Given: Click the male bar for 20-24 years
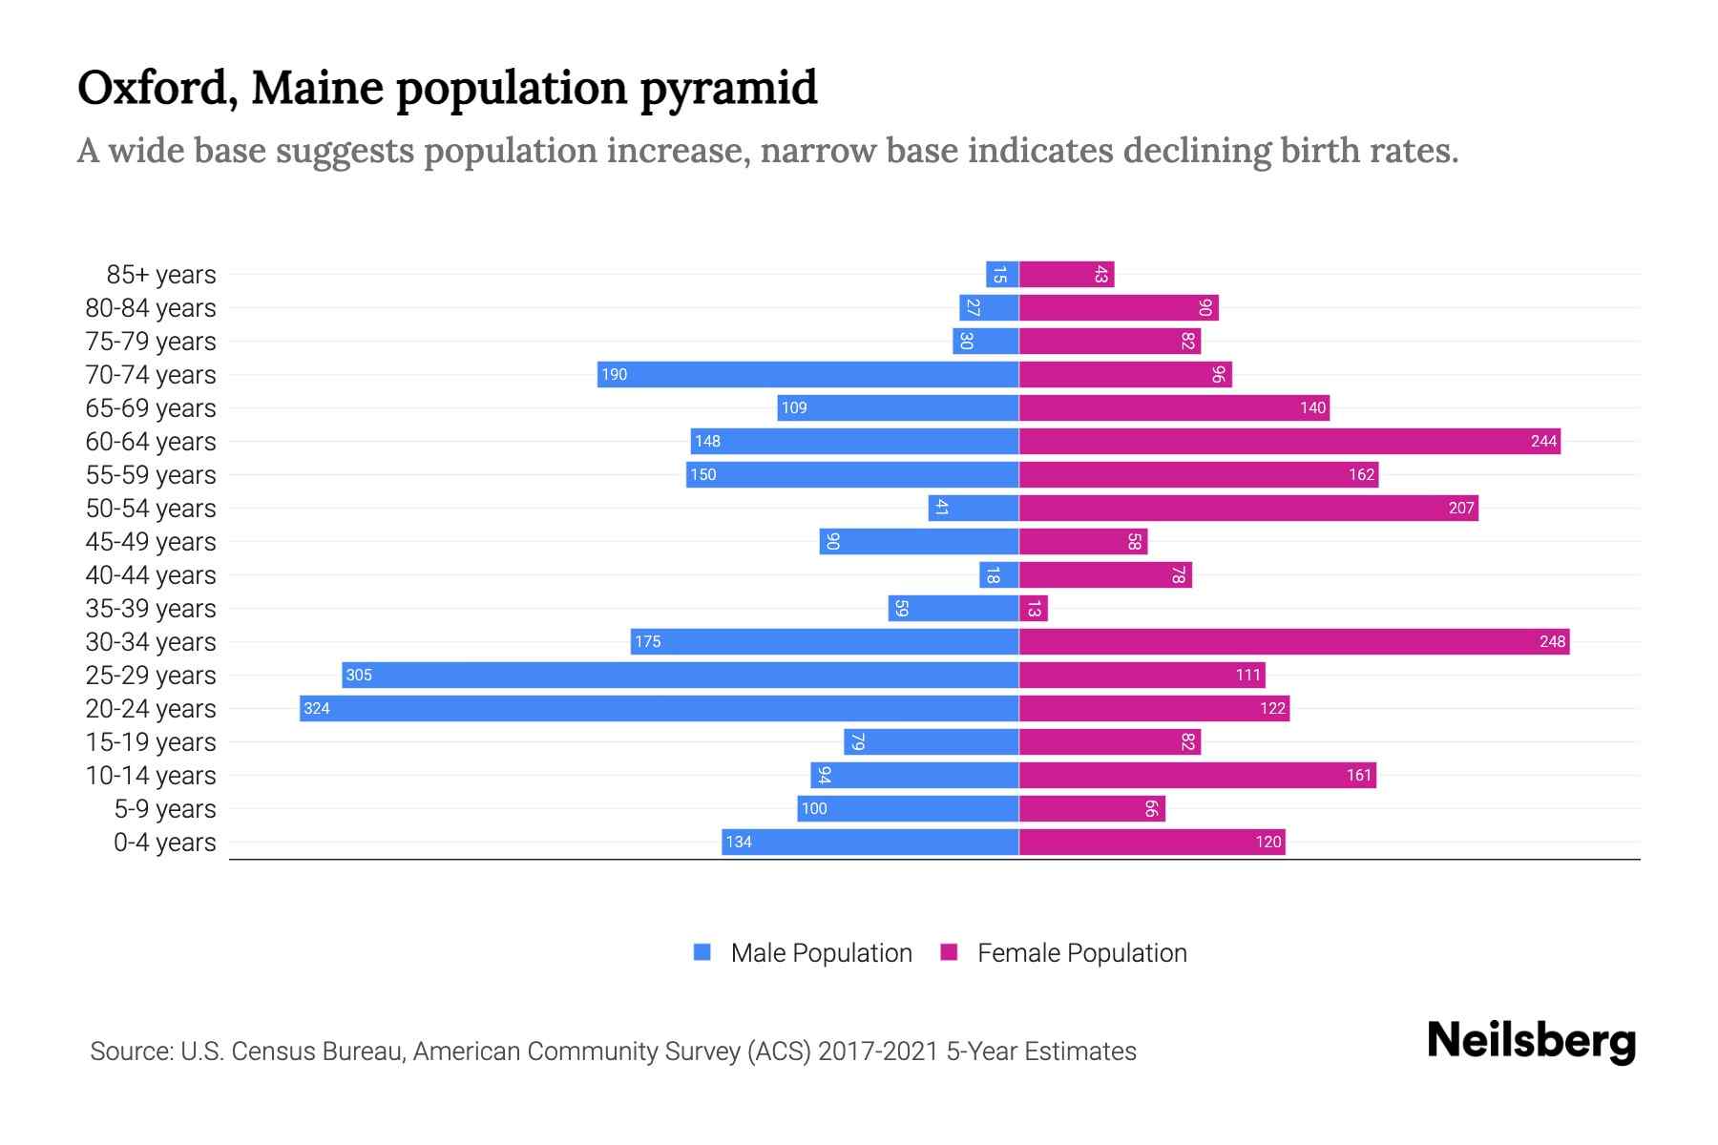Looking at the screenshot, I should point(659,708).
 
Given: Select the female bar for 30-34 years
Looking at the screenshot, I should point(1293,641).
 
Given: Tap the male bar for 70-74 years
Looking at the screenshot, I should point(807,374).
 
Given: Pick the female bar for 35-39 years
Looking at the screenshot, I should point(1034,608).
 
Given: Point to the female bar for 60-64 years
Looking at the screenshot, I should point(1288,441).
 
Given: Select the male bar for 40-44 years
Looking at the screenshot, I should point(999,574).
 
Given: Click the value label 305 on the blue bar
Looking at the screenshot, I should point(359,676).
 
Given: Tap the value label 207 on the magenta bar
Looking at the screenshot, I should point(1460,509).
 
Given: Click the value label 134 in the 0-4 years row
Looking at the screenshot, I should point(739,843).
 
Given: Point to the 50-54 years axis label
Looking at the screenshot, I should point(151,509).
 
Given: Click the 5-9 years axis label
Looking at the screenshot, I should point(165,809).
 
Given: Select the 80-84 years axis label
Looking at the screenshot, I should point(151,308).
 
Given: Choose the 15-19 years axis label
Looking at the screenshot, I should point(151,742).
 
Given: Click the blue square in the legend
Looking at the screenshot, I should point(702,952).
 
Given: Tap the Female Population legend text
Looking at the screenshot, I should point(1081,953).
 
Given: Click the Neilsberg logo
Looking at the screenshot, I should point(1531,1041).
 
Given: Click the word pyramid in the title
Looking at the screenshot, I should point(728,88).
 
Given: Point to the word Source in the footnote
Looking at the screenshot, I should point(131,1051).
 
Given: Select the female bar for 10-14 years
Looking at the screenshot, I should point(1197,775).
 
